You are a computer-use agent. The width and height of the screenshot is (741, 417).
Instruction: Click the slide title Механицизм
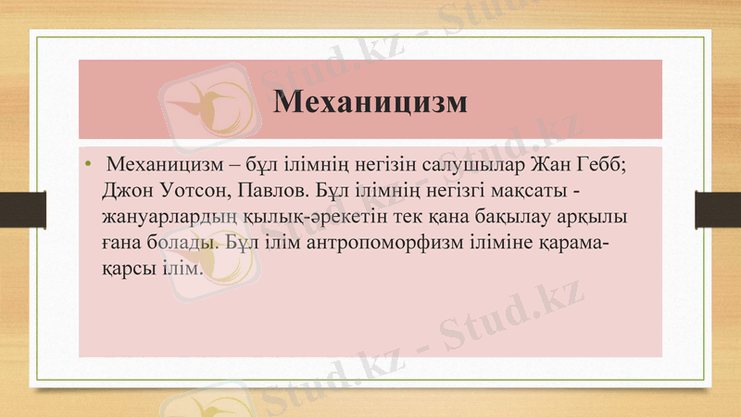pyautogui.click(x=370, y=100)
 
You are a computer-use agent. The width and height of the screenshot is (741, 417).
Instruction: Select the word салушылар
pyautogui.click(x=458, y=168)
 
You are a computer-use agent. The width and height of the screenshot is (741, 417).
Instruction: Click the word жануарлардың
pyautogui.click(x=166, y=220)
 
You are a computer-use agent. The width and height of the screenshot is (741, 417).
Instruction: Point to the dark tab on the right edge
pyautogui.click(x=718, y=208)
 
